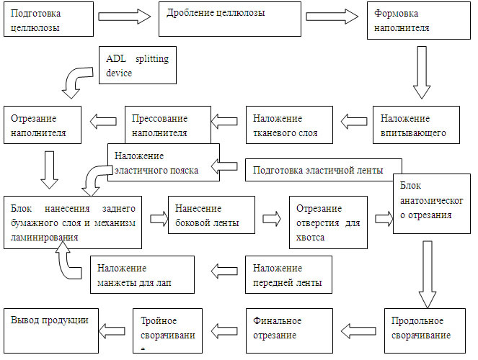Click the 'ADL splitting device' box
coord(138,66)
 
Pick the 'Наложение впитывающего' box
coord(415,125)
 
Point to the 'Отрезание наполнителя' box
coord(44,125)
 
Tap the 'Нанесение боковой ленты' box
coord(211,215)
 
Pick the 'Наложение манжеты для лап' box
coord(141,274)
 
